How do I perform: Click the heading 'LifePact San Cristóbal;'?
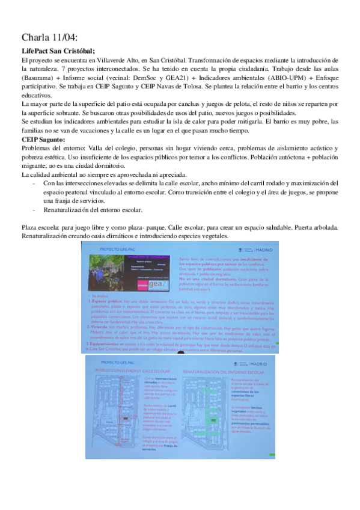point(58,52)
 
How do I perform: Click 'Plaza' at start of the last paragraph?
point(29,228)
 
